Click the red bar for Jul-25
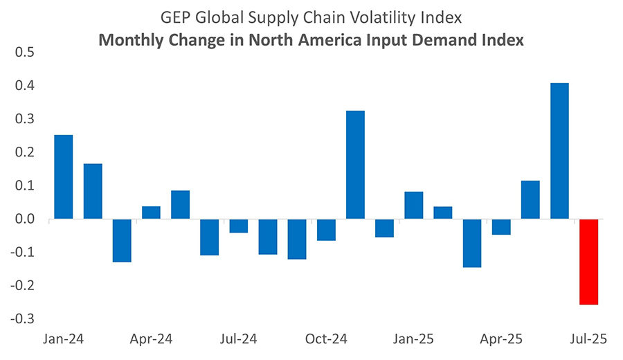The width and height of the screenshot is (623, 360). coord(588,262)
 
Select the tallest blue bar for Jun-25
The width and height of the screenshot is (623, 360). coord(559,151)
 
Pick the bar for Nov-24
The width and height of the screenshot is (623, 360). coord(355,165)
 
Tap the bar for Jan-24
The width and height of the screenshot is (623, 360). coord(64,177)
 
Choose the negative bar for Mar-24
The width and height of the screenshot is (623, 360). coord(122,240)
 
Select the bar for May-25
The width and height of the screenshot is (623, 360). coord(530,200)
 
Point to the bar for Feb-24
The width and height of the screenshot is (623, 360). coord(93,191)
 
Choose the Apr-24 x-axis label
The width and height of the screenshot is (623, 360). coord(151,339)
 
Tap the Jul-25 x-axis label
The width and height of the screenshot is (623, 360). coord(588,339)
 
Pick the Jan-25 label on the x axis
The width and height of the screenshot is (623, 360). coord(414,339)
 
